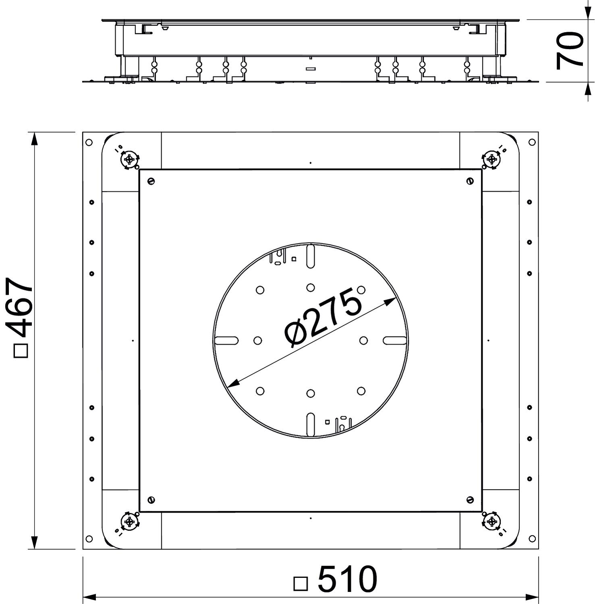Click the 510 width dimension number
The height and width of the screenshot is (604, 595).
pos(348,579)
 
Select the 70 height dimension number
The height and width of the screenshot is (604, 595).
pos(570,50)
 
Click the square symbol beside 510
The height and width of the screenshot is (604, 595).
pos(301,583)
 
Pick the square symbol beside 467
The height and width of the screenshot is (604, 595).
pos(21,350)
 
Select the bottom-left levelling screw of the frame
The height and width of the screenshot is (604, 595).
pos(129,522)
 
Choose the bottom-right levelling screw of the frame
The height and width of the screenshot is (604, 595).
pos(491,522)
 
